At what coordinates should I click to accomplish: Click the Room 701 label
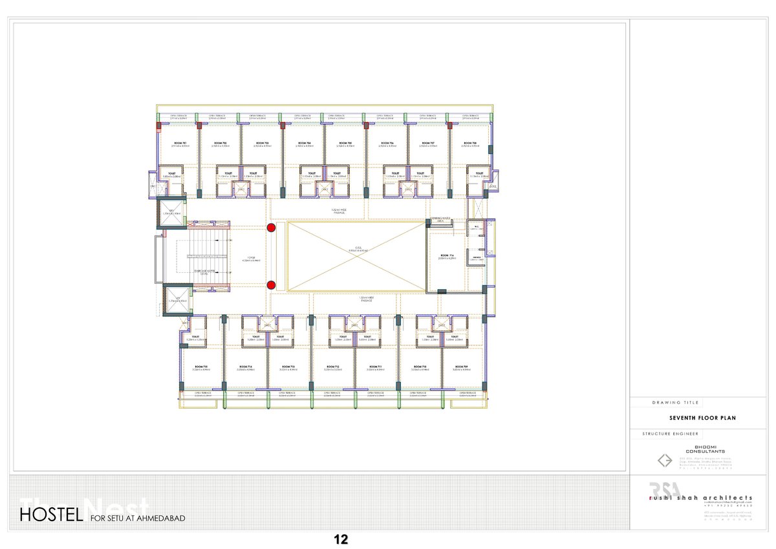point(180,142)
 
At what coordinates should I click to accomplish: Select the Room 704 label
point(304,142)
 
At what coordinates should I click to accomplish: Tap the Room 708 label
point(470,142)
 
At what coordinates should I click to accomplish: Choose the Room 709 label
point(460,366)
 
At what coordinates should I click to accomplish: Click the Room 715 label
point(200,366)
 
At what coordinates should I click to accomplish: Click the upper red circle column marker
point(272,227)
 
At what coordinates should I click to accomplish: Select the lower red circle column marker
point(272,285)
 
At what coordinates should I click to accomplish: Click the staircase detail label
point(203,272)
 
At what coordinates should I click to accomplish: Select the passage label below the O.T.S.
point(366,299)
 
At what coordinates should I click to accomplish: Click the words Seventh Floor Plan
point(702,418)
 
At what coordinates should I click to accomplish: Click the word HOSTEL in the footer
point(51,515)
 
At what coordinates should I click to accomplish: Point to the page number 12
point(341,540)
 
